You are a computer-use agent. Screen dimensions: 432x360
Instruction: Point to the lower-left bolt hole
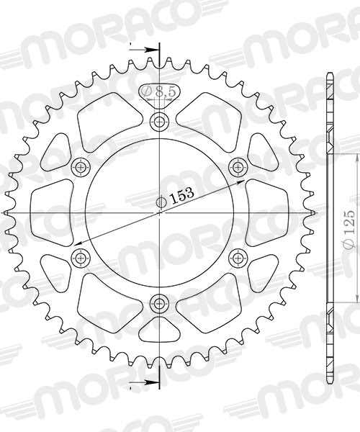click(80, 257)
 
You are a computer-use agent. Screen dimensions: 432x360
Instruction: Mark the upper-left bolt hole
click(80, 166)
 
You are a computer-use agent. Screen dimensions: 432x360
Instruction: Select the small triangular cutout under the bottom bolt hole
click(159, 330)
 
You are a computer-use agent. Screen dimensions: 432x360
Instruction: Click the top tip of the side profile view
click(329, 72)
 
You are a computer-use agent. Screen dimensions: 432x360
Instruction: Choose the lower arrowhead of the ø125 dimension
click(359, 297)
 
